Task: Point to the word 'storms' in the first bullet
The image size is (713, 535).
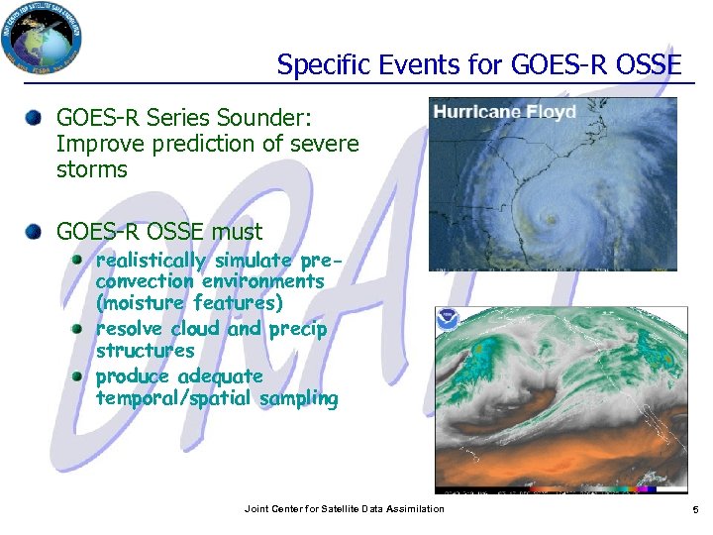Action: click(x=92, y=169)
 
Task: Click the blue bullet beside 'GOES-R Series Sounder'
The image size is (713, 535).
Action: click(x=35, y=118)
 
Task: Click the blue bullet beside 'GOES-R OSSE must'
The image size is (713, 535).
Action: click(x=35, y=232)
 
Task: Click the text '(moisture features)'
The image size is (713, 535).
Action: click(x=189, y=303)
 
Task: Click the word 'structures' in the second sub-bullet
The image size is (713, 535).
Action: click(x=145, y=351)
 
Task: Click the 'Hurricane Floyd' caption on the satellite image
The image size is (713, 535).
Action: click(x=505, y=112)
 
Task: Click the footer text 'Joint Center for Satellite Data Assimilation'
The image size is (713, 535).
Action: click(x=344, y=509)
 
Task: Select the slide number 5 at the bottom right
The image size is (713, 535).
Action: click(x=694, y=509)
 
